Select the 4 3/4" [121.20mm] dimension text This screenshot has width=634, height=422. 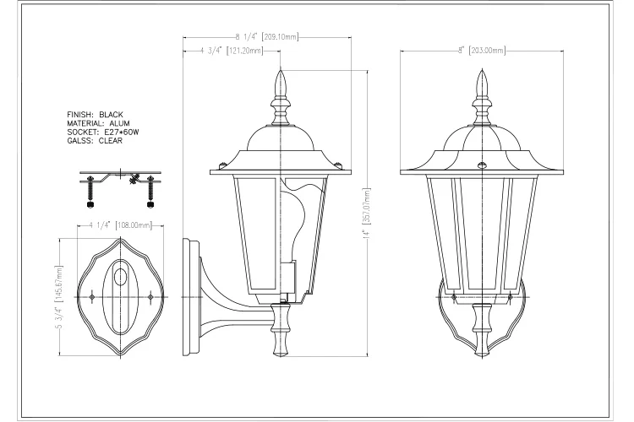(x=227, y=51)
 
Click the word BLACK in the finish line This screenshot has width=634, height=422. (x=111, y=113)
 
